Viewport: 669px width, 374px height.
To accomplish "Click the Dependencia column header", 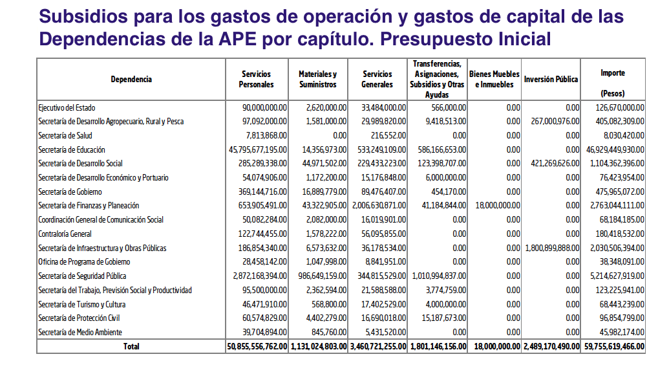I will pyautogui.click(x=131, y=80).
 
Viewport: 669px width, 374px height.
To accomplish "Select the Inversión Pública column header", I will pyautogui.click(x=551, y=80).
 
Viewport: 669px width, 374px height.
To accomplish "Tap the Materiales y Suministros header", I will pyautogui.click(x=317, y=80).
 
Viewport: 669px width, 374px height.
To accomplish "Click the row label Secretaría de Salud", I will pyautogui.click(x=65, y=136).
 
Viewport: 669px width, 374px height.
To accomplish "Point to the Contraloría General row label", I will pyautogui.click(x=65, y=234).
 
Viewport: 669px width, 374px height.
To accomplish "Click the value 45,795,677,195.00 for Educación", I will pyautogui.click(x=257, y=150).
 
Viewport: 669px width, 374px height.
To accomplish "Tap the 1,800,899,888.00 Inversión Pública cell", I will pyautogui.click(x=551, y=248).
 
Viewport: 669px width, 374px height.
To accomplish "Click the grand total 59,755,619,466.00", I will pyautogui.click(x=613, y=347).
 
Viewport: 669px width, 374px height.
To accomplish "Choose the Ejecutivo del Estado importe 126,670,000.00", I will pyautogui.click(x=620, y=108).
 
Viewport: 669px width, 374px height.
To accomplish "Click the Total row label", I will pyautogui.click(x=131, y=347).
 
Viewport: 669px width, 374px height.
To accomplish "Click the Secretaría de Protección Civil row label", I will pyautogui.click(x=79, y=318).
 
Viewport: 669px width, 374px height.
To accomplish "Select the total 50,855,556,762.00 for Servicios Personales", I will pyautogui.click(x=257, y=347).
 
